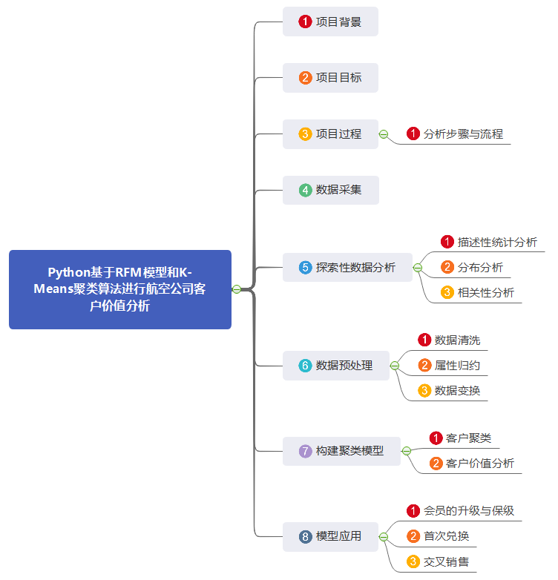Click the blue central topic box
120,289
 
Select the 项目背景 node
330,22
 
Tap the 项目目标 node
330,78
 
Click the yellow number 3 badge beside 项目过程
305,134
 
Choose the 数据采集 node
330,191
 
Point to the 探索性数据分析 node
347,267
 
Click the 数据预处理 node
335,366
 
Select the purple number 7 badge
305,451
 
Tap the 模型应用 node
330,536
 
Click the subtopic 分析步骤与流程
463,134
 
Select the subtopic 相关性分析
485,292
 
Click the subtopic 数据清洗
457,340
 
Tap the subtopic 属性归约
457,366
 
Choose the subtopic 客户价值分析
479,464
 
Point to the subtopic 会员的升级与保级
468,511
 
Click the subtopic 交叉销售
446,561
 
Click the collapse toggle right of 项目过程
384,134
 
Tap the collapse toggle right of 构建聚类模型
406,451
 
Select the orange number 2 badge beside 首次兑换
413,536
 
